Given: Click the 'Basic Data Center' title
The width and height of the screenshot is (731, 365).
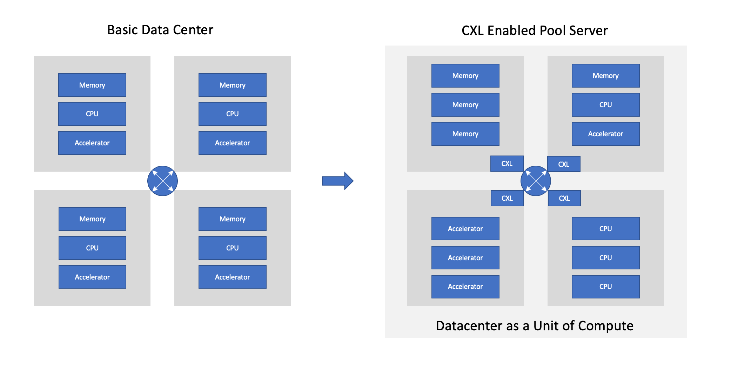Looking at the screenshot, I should (x=160, y=30).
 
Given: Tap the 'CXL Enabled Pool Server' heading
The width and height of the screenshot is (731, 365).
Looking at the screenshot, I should (x=534, y=31).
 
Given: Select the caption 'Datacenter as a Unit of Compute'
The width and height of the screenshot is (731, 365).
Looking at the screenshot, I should (x=534, y=326).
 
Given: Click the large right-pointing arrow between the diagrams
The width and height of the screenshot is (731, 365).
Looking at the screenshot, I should (x=337, y=181).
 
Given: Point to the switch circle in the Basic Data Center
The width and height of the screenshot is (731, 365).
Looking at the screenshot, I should (x=162, y=181).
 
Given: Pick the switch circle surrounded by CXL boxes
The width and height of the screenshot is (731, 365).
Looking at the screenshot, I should (x=535, y=181).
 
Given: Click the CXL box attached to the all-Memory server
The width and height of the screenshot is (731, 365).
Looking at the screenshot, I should (x=507, y=164).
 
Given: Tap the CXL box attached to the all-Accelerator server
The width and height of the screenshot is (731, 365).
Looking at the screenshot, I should (x=507, y=198).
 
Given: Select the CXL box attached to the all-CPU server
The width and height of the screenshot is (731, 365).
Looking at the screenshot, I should (x=564, y=198).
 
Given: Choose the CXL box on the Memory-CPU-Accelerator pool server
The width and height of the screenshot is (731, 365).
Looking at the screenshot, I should (x=564, y=164).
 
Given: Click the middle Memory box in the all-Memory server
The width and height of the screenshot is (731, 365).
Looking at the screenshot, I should (x=465, y=105).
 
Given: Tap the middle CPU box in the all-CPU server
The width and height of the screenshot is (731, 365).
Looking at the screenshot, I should (x=605, y=258).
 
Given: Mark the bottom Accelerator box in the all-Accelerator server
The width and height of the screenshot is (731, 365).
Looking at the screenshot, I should (x=465, y=287).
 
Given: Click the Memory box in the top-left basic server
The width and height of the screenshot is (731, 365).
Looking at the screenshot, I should (x=92, y=85).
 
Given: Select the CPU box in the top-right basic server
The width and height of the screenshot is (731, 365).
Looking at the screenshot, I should (x=232, y=114).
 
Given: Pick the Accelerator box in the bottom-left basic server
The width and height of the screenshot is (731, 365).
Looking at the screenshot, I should (x=92, y=277).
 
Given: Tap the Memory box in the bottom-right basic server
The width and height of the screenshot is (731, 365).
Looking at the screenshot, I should (x=232, y=219).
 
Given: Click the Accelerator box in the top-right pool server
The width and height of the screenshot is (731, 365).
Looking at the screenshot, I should (x=605, y=134).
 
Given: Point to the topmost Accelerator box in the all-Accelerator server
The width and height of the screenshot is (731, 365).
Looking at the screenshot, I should (x=465, y=229).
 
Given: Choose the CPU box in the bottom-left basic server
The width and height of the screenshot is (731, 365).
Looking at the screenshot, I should (x=92, y=248).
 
